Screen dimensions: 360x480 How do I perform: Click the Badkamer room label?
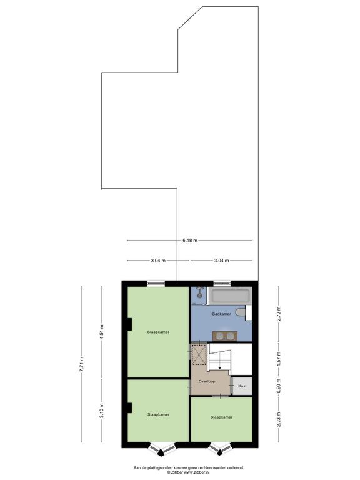(222, 314)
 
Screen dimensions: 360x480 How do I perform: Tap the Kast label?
(242, 386)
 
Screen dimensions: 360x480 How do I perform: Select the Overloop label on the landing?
(207, 381)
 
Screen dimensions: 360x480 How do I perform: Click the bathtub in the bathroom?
(229, 296)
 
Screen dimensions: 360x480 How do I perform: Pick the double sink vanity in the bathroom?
(225, 336)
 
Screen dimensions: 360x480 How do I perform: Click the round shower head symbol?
(199, 296)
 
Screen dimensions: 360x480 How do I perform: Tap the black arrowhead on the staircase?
(219, 367)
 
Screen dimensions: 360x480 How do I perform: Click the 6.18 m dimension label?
(190, 240)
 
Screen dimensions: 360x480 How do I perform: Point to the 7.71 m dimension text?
(81, 364)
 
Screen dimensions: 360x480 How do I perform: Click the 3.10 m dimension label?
(102, 411)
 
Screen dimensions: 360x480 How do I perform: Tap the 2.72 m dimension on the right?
(279, 314)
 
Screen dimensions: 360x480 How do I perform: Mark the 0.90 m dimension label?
(279, 387)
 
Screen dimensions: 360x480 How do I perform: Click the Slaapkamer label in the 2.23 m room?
(221, 417)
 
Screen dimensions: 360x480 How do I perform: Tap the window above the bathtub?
(222, 283)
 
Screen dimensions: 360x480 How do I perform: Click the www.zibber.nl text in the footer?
(196, 472)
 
